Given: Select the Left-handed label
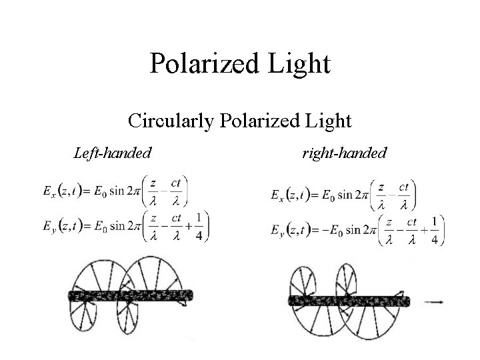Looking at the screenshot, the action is click(x=112, y=153).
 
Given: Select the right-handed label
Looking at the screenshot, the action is click(x=344, y=153).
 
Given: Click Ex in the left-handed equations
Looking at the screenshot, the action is click(x=48, y=192).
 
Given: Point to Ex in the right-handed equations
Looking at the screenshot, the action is click(x=277, y=195).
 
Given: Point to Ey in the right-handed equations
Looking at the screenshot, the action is click(x=277, y=231).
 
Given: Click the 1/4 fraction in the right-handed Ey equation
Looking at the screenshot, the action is click(x=434, y=231).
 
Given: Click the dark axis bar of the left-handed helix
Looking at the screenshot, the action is click(x=131, y=295).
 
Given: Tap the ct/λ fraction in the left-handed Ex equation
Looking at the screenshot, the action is click(x=177, y=191).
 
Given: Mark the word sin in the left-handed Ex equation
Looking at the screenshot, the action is click(x=118, y=192).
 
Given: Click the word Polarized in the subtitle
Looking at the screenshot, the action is click(x=257, y=121).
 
